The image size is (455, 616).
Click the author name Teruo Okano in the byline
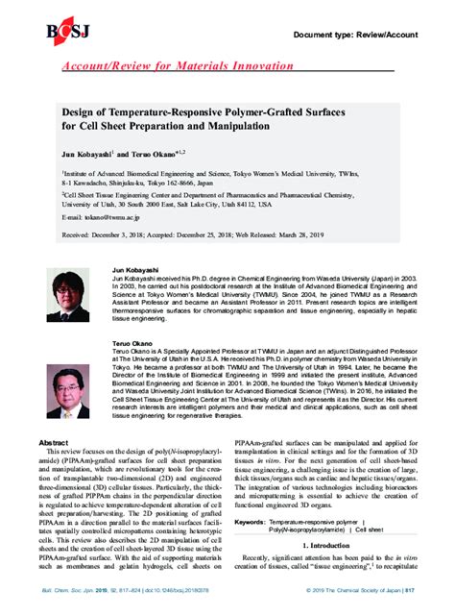click(x=159, y=152)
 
